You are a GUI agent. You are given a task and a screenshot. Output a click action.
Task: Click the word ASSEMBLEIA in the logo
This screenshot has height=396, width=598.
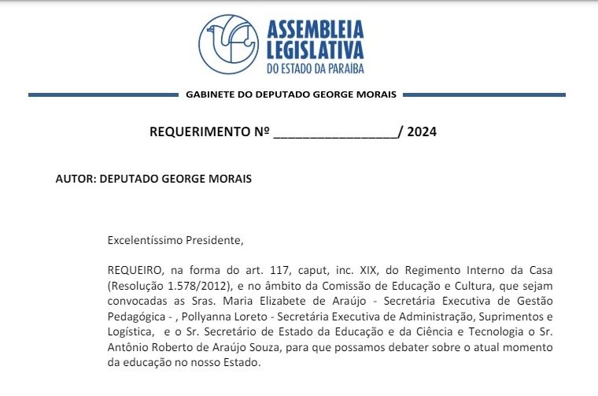315,30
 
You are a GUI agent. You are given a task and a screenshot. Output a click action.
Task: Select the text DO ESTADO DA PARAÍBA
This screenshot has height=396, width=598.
315,69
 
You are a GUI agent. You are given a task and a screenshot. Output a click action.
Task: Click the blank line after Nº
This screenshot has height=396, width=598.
335,132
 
